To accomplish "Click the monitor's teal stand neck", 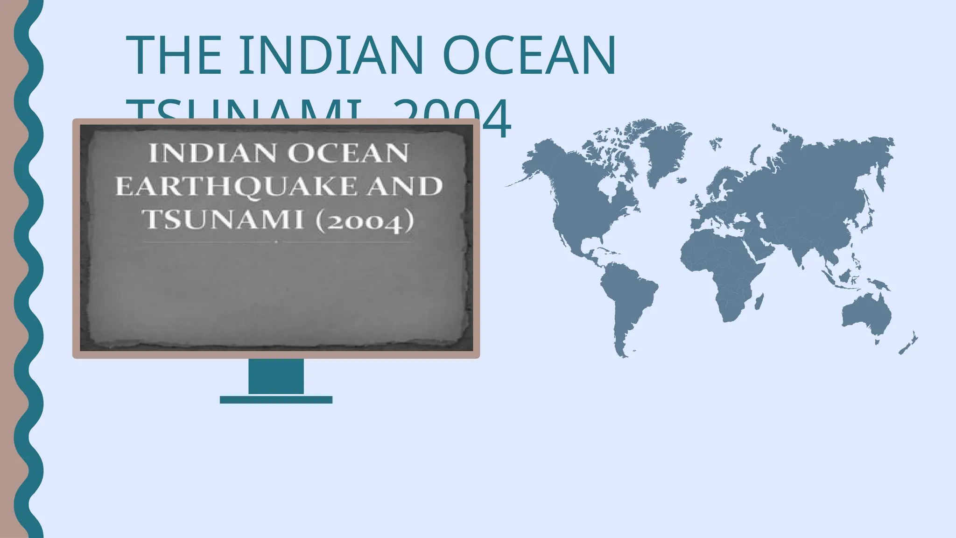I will point(276,376).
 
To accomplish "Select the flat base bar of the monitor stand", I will point(276,400).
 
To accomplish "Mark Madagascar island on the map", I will point(759,301).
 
